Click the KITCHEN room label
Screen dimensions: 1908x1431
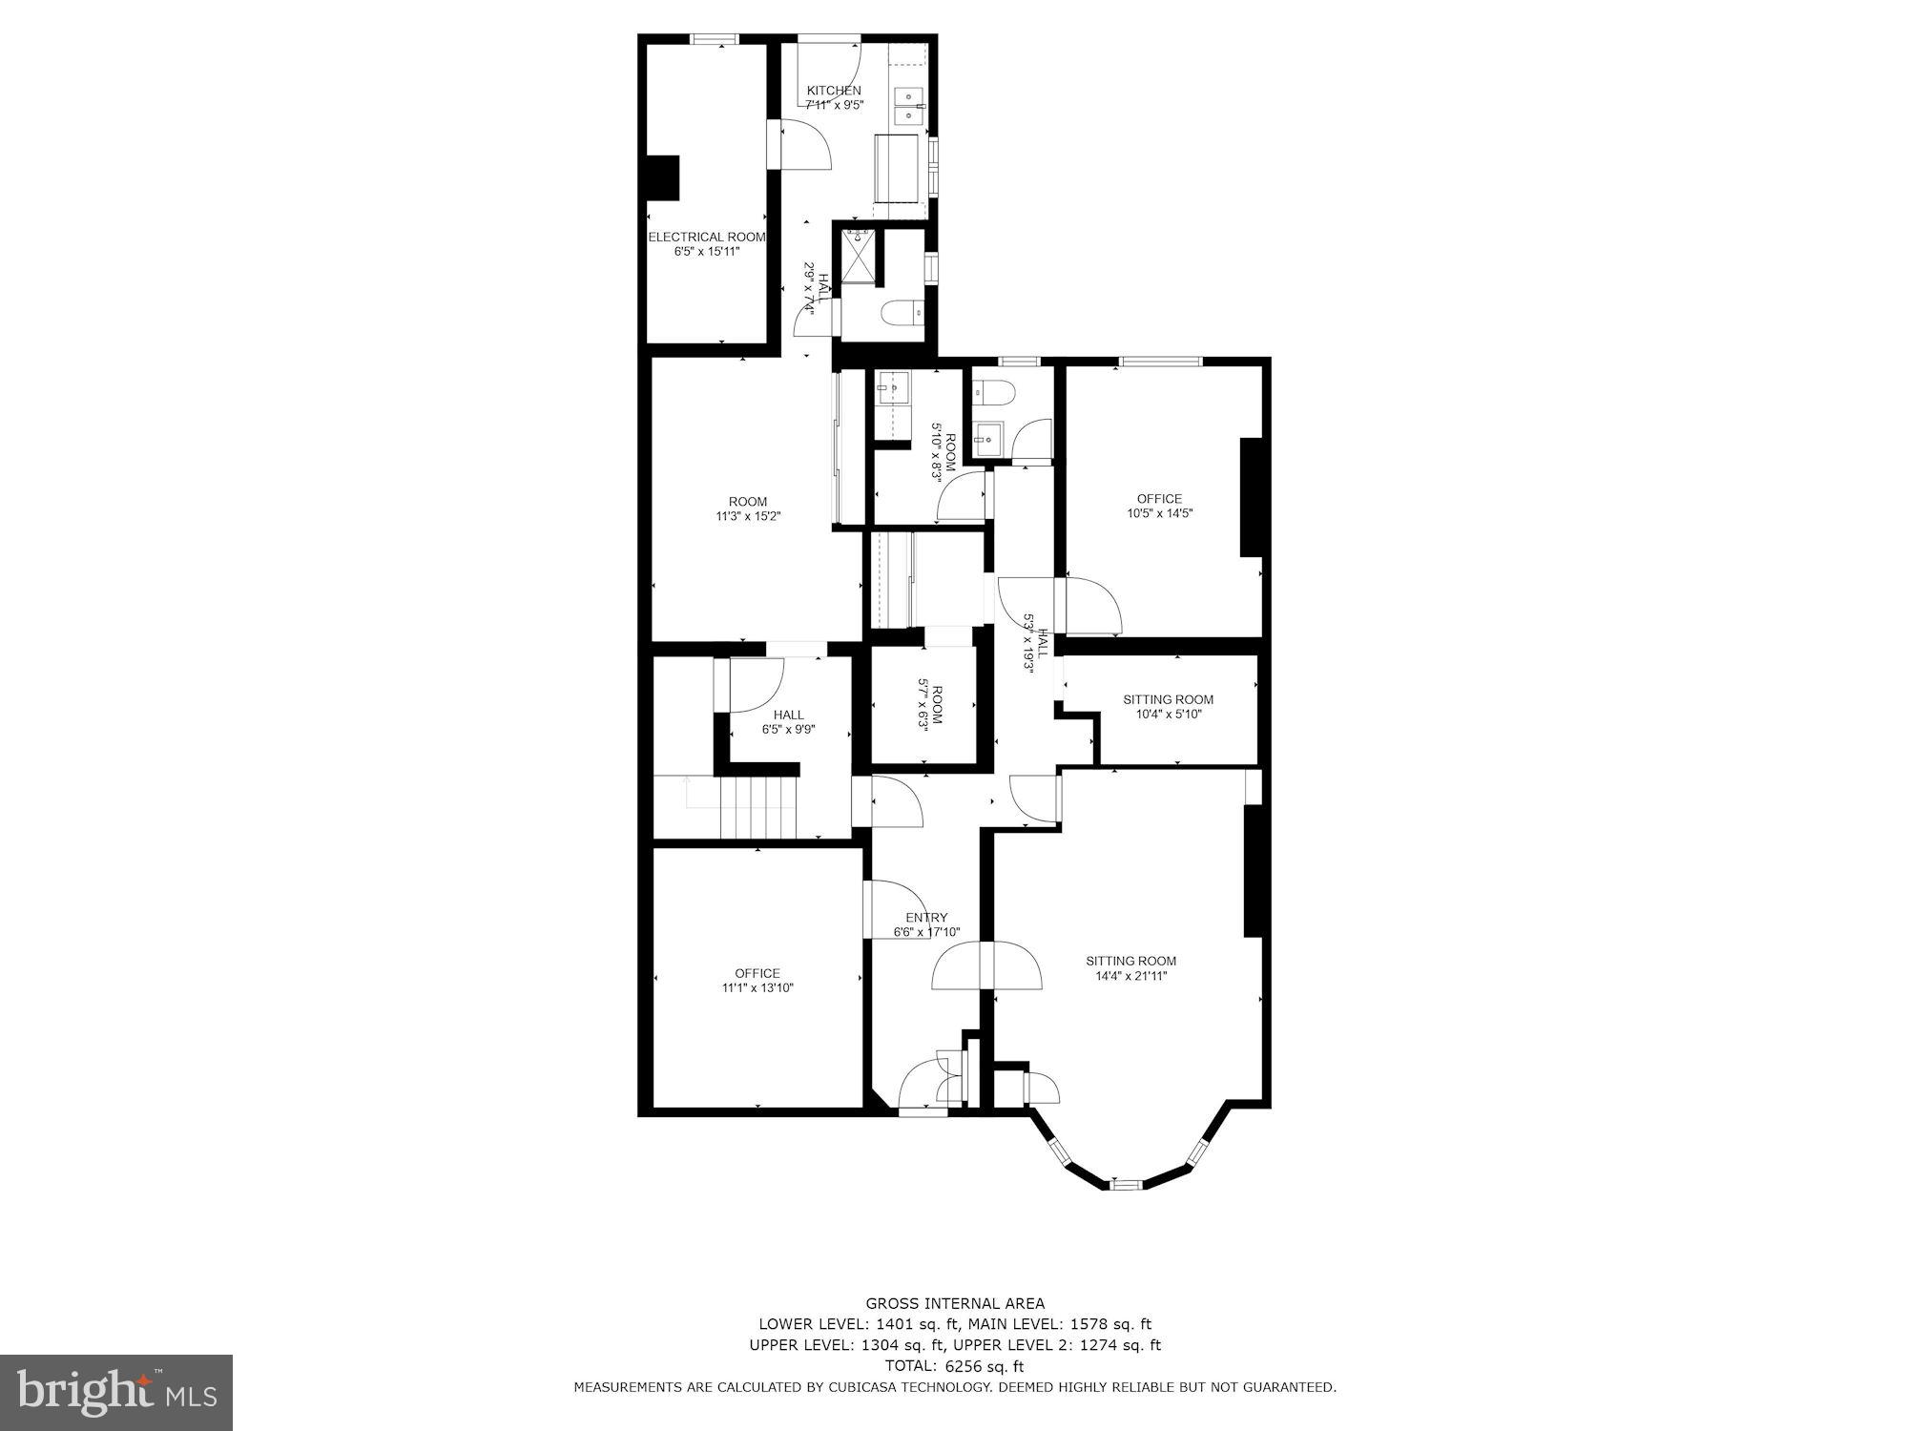point(834,91)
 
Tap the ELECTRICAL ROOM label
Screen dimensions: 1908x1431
point(707,237)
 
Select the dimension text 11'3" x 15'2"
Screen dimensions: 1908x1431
point(748,516)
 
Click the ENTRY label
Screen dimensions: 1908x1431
point(926,918)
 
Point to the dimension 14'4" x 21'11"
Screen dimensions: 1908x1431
point(1131,975)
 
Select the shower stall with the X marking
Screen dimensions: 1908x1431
point(857,256)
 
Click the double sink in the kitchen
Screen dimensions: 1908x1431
point(908,105)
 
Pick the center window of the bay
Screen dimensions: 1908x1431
point(1126,1185)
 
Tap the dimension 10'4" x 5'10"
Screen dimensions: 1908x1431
point(1168,714)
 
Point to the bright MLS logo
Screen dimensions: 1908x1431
point(116,1392)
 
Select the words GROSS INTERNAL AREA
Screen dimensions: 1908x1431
point(955,1303)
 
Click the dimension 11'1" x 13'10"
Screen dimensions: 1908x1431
point(757,987)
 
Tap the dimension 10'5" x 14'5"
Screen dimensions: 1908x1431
point(1159,512)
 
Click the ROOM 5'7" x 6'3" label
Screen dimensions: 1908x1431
point(929,705)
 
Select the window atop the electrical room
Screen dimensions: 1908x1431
point(715,39)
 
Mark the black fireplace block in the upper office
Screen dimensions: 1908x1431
point(1251,496)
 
